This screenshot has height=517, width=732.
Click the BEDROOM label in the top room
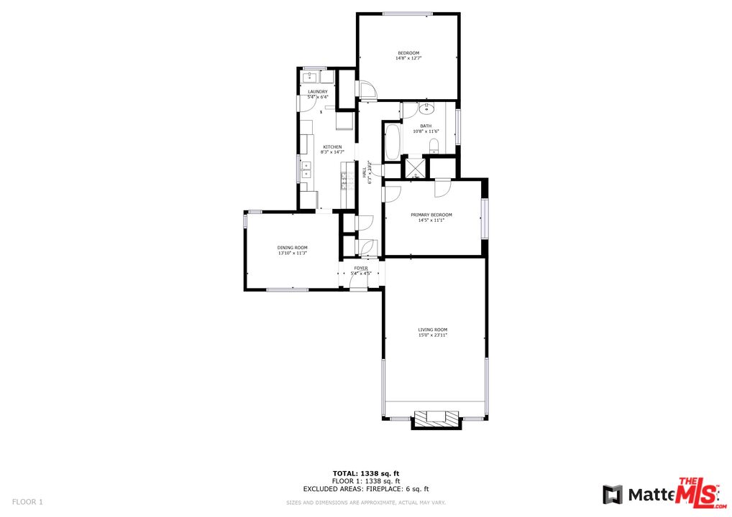pyautogui.click(x=408, y=53)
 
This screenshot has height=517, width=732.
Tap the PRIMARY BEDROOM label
pyautogui.click(x=431, y=215)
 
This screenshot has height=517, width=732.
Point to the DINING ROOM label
pyautogui.click(x=292, y=248)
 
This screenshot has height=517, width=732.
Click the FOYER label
pyautogui.click(x=360, y=268)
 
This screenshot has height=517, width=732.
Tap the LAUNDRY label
pyautogui.click(x=317, y=92)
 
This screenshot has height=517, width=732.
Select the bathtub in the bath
pyautogui.click(x=393, y=143)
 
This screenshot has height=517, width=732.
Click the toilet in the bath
pyautogui.click(x=434, y=146)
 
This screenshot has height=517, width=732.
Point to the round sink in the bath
pyautogui.click(x=426, y=109)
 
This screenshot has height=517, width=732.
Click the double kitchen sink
pyautogui.click(x=306, y=169)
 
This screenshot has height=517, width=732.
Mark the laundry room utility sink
pyautogui.click(x=310, y=76)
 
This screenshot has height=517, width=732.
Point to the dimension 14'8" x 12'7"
pyautogui.click(x=408, y=58)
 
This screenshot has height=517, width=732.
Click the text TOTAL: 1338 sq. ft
pyautogui.click(x=365, y=474)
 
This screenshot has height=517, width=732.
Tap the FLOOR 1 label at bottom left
pyautogui.click(x=28, y=501)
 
